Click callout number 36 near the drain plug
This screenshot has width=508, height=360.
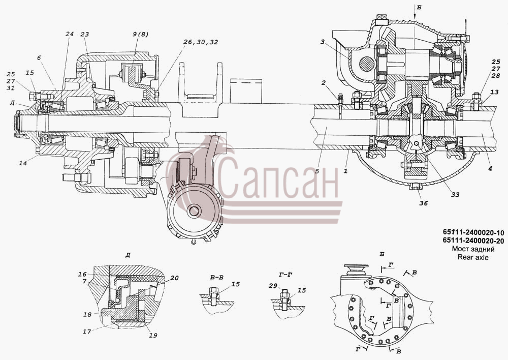[424, 203]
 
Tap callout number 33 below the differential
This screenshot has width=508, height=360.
[455, 195]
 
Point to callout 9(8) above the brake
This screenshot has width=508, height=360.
[140, 35]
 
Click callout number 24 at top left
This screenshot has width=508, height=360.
[70, 34]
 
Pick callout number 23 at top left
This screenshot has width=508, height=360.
[84, 34]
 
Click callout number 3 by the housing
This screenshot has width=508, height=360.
[323, 42]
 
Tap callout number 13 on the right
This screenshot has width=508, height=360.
[494, 93]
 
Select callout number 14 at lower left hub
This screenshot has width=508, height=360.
[22, 163]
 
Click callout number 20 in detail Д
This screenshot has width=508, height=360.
[174, 278]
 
